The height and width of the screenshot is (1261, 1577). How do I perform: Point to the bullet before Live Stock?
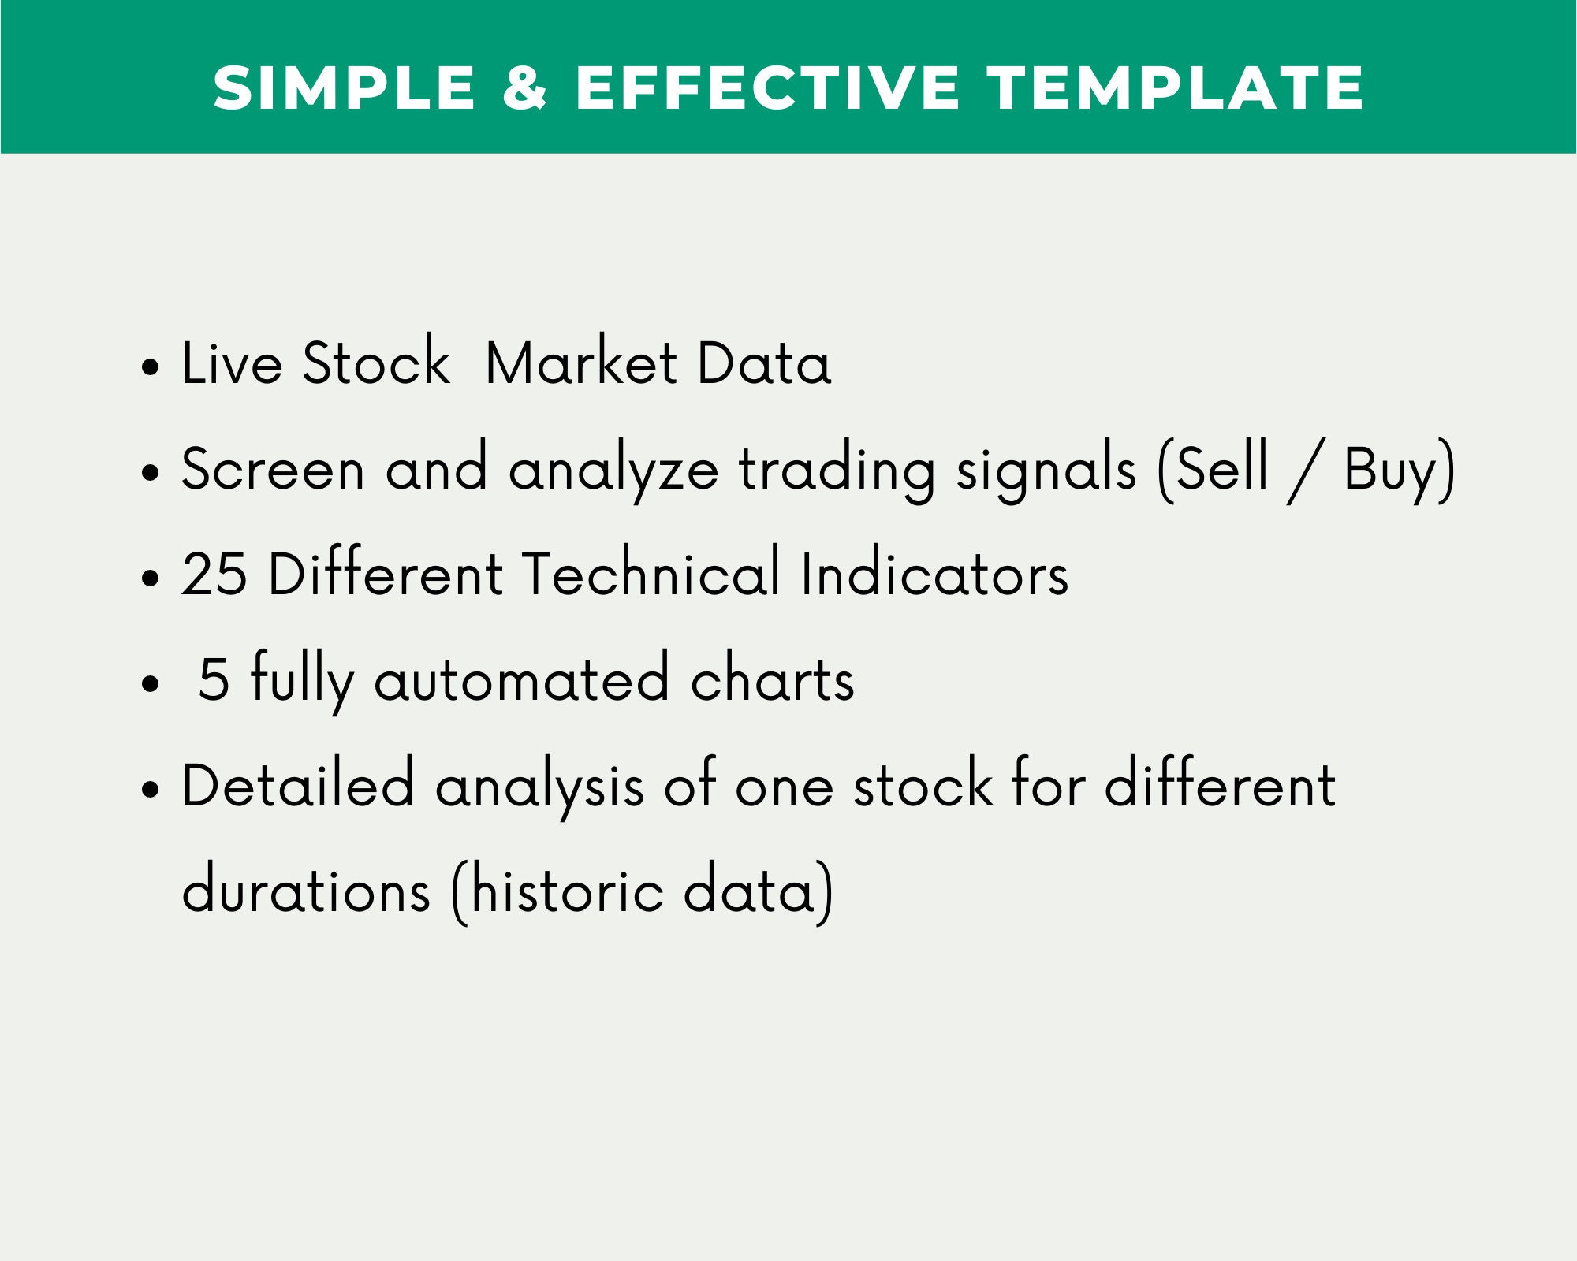150,366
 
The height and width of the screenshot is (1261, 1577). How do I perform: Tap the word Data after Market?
764,363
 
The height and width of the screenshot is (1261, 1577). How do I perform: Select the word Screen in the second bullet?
273,468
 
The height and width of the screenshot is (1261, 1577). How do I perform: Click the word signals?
1046,470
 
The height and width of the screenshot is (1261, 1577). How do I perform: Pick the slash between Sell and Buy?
1305,472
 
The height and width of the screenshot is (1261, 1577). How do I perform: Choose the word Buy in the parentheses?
1389,471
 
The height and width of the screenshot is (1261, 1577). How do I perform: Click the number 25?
214,573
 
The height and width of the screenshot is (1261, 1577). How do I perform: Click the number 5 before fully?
214,679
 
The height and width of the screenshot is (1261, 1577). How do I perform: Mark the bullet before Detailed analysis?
150,787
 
